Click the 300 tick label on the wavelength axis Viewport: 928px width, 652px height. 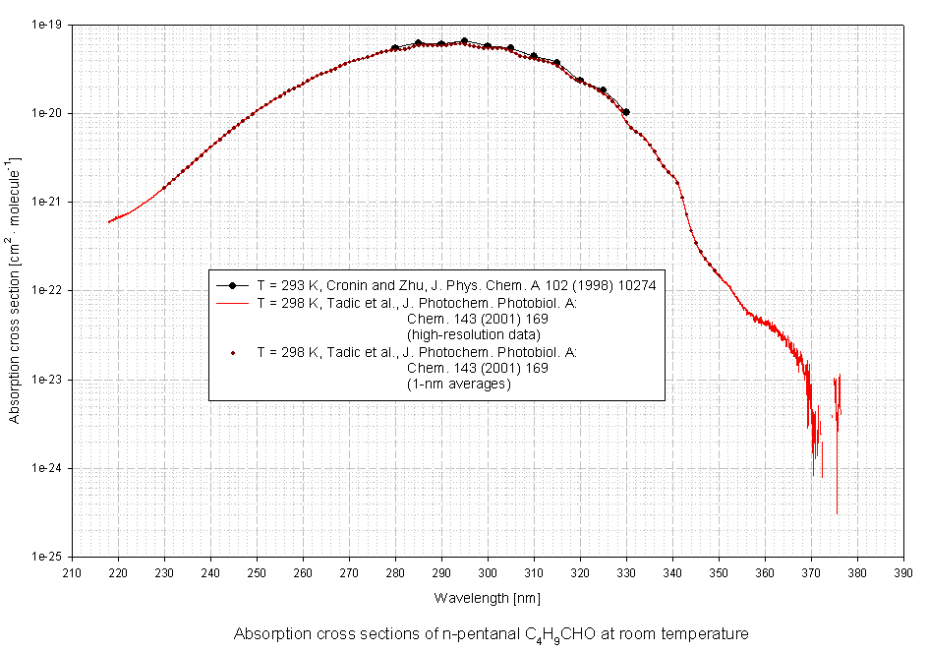tap(488, 571)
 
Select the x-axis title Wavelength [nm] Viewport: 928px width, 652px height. tap(488, 598)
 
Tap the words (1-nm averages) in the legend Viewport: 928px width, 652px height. tap(458, 385)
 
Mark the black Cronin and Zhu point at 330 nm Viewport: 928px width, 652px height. tap(626, 112)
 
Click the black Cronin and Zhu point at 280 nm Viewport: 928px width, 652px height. tap(395, 48)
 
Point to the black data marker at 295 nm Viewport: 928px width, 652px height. tap(464, 41)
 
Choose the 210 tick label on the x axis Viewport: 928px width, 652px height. tap(72, 571)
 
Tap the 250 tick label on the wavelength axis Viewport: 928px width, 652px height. tap(257, 571)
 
